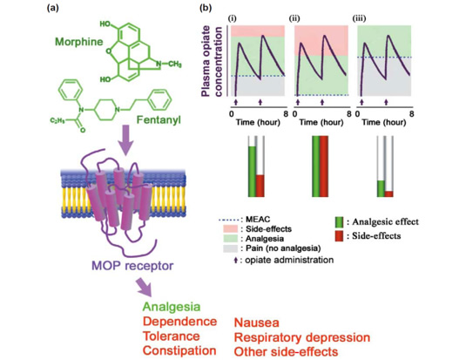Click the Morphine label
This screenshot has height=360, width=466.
pyautogui.click(x=79, y=42)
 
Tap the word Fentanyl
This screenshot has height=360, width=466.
pyautogui.click(x=159, y=119)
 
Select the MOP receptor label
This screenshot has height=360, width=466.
pyautogui.click(x=132, y=265)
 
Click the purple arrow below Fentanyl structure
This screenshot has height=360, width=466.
pyautogui.click(x=125, y=139)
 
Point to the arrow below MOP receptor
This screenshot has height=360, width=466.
pyautogui.click(x=145, y=288)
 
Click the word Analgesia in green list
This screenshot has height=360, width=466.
pyautogui.click(x=172, y=307)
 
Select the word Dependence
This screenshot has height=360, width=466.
pyautogui.click(x=179, y=322)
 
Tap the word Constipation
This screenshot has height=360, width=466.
pyautogui.click(x=179, y=350)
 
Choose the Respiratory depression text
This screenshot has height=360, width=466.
pyautogui.click(x=302, y=337)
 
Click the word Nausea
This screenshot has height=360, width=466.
pyautogui.click(x=256, y=323)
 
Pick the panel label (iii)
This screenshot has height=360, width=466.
pyautogui.click(x=359, y=18)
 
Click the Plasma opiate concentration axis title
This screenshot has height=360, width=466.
pyautogui.click(x=212, y=61)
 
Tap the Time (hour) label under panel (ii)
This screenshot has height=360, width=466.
pyautogui.click(x=321, y=122)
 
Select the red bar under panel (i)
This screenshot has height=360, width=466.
pyautogui.click(x=260, y=186)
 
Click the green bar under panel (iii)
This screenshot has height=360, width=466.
pyautogui.click(x=381, y=188)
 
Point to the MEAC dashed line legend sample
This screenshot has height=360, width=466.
pyautogui.click(x=229, y=221)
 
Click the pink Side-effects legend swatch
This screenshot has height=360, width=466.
pyautogui.click(x=230, y=228)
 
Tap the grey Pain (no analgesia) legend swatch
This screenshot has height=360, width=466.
pyautogui.click(x=230, y=248)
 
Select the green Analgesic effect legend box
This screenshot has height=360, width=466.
pyautogui.click(x=339, y=222)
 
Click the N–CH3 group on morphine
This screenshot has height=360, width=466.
pyautogui.click(x=168, y=64)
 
